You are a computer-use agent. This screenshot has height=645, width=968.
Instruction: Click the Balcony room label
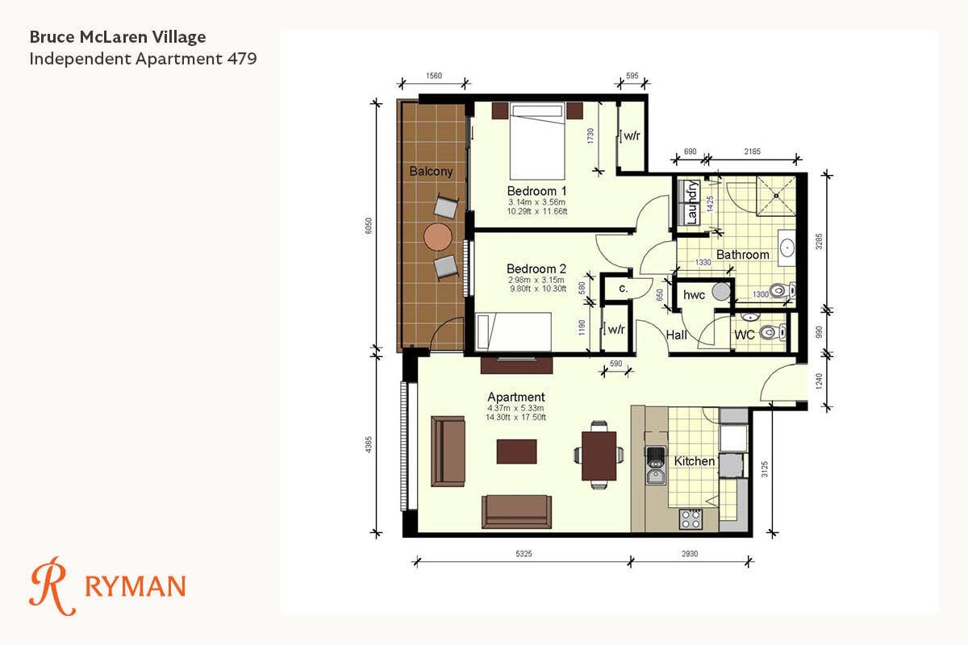click(x=431, y=171)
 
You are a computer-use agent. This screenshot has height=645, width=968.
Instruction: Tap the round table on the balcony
click(x=438, y=237)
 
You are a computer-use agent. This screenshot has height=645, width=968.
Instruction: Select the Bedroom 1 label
click(x=536, y=191)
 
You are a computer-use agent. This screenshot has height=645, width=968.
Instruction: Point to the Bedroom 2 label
click(x=536, y=268)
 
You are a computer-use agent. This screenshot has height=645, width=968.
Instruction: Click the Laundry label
click(x=691, y=202)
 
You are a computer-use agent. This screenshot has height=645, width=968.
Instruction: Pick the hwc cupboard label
click(x=694, y=295)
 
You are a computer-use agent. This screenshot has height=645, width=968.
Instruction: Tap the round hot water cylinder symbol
click(x=721, y=291)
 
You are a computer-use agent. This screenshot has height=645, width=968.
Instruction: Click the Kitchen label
click(x=695, y=461)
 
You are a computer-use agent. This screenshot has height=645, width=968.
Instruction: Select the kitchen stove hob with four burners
click(x=691, y=519)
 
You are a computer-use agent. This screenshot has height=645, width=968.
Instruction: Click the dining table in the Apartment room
click(x=599, y=456)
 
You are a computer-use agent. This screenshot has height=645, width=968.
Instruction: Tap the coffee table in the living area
click(x=516, y=451)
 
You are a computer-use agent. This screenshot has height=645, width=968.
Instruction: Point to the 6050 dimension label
click(x=368, y=226)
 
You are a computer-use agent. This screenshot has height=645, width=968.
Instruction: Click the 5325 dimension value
click(x=524, y=553)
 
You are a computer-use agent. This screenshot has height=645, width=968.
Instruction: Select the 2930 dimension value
click(x=690, y=553)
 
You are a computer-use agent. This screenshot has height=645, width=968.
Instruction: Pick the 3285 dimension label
click(x=819, y=241)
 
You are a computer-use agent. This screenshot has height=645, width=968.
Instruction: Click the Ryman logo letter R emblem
click(x=51, y=586)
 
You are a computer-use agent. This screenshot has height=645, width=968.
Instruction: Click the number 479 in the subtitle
click(x=242, y=58)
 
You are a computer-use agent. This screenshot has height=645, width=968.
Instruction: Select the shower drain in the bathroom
click(x=776, y=196)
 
